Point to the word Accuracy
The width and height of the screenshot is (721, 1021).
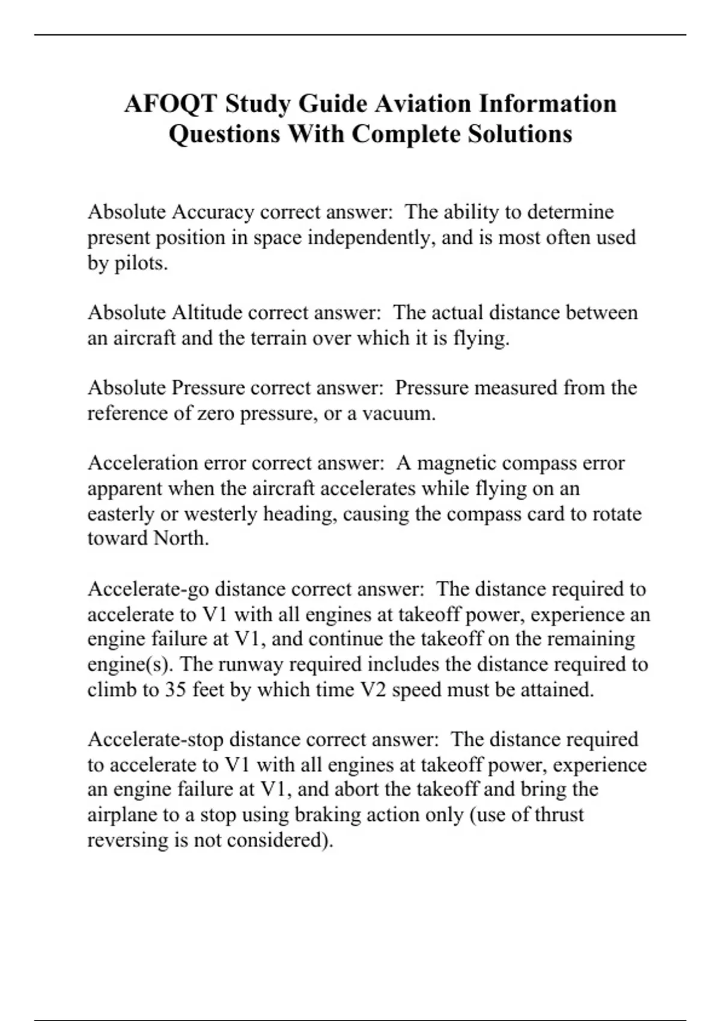point(213,212)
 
